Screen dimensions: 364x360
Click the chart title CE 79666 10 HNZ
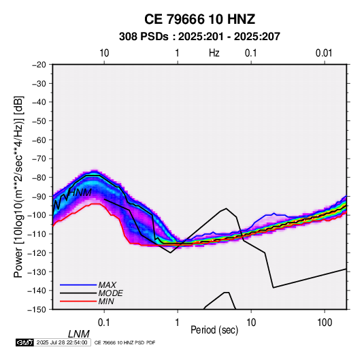199,19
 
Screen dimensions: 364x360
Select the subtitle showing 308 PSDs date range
199,37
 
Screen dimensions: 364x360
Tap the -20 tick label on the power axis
39,65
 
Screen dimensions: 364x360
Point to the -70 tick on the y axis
39,159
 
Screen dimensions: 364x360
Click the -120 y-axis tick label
37,252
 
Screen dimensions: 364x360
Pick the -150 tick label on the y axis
37,310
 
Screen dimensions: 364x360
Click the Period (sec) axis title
214,330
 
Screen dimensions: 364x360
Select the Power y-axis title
19,187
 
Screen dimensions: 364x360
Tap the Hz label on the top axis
214,53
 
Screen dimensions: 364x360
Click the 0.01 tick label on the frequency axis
324,53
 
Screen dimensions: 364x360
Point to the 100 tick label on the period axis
325,323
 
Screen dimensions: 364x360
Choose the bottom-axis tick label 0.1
104,323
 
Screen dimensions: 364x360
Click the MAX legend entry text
107,285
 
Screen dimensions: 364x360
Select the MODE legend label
110,293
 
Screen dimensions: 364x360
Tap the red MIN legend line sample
78,301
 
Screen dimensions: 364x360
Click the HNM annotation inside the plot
80,193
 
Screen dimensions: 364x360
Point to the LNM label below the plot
79,334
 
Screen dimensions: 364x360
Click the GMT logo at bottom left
24,342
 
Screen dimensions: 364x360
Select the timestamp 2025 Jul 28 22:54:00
62,342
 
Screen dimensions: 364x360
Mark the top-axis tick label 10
104,53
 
